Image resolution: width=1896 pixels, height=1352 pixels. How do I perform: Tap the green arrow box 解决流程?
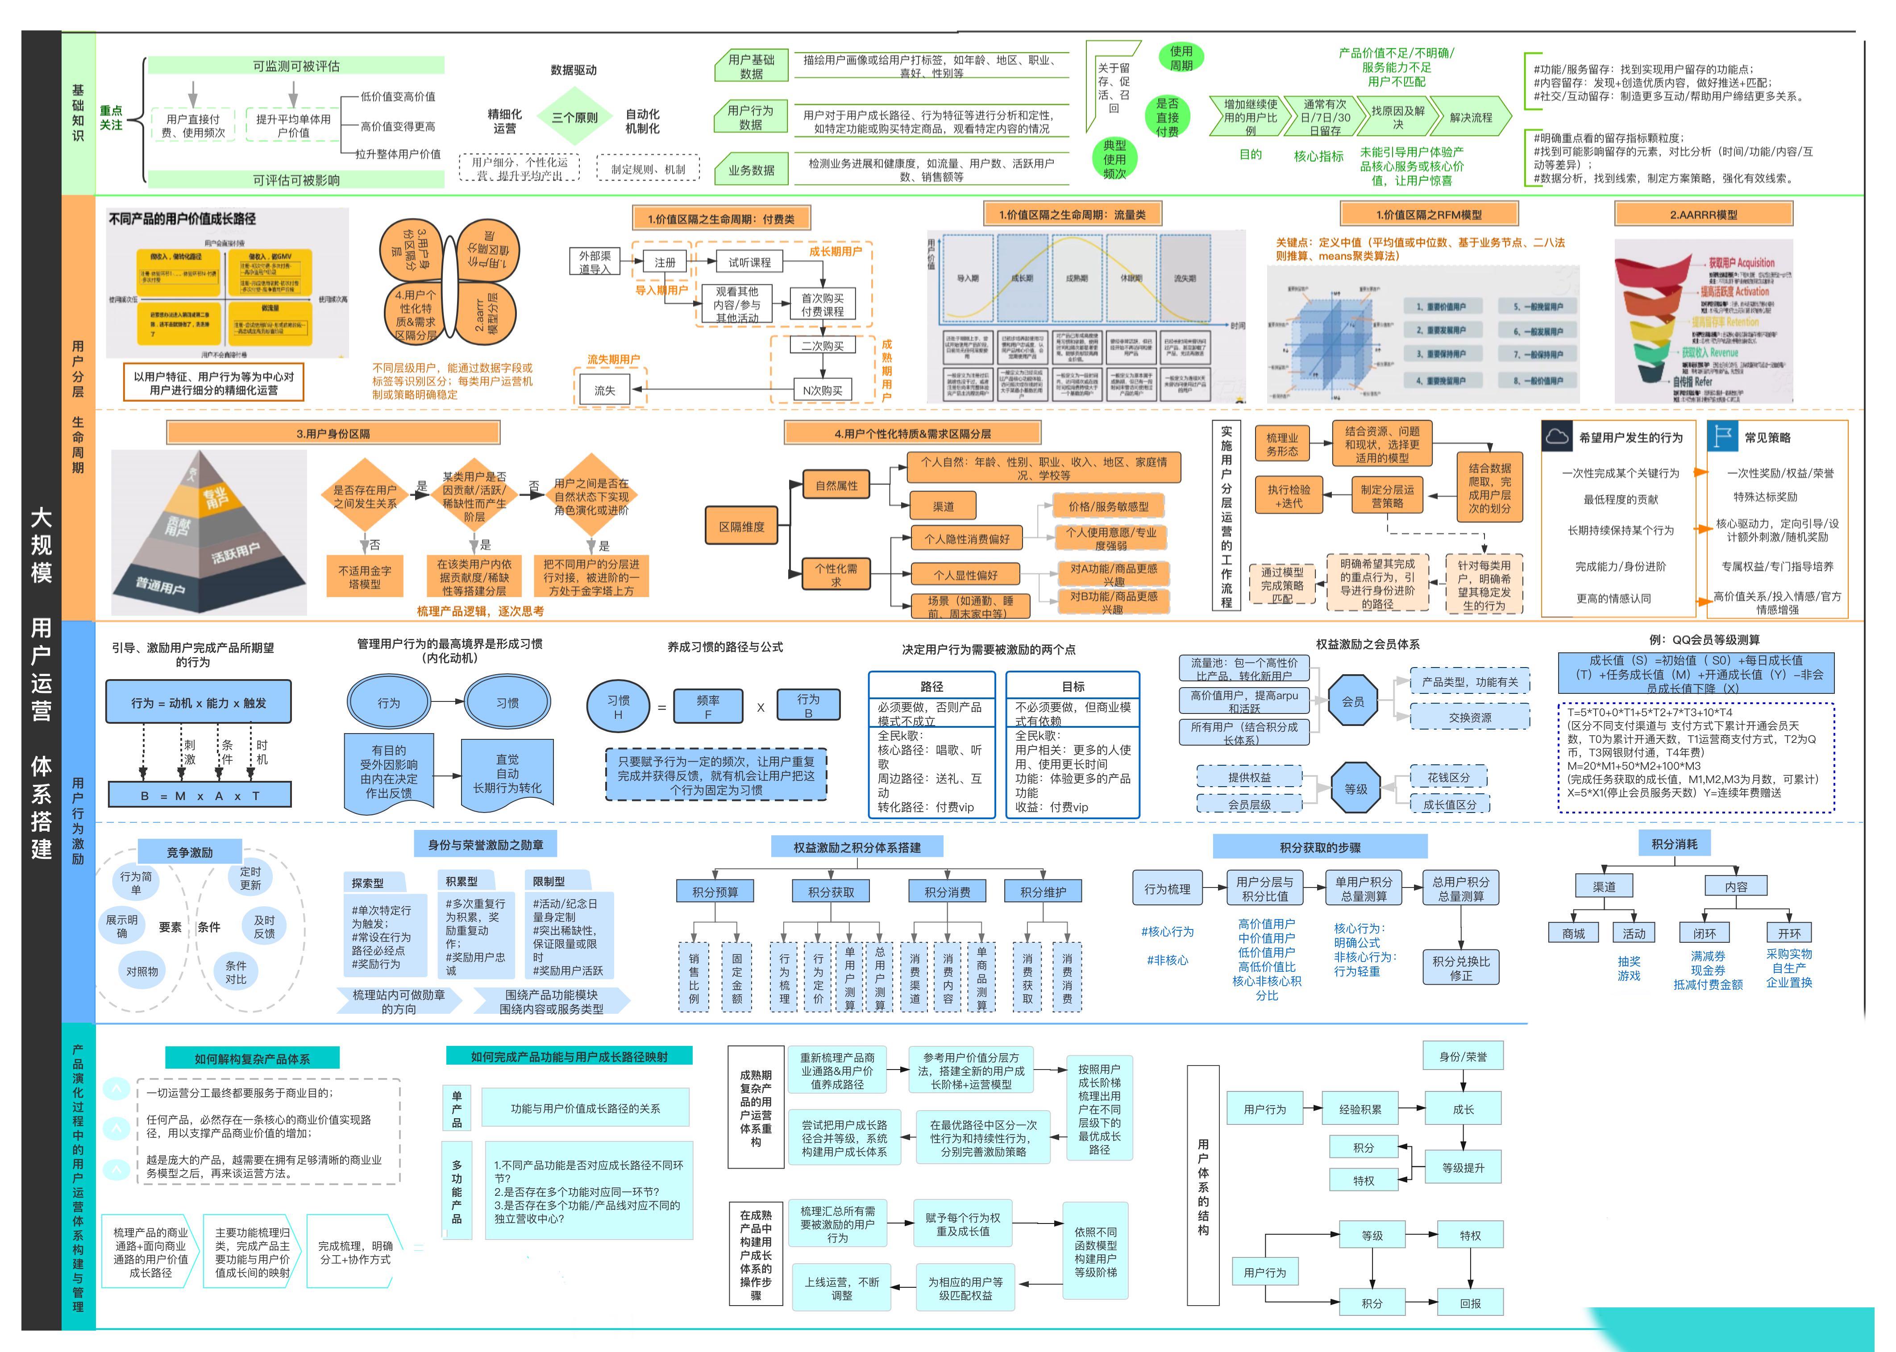(x=1471, y=117)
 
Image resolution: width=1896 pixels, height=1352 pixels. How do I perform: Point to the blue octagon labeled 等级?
(x=1355, y=788)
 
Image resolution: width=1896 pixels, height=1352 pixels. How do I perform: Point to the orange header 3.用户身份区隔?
(x=333, y=434)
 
